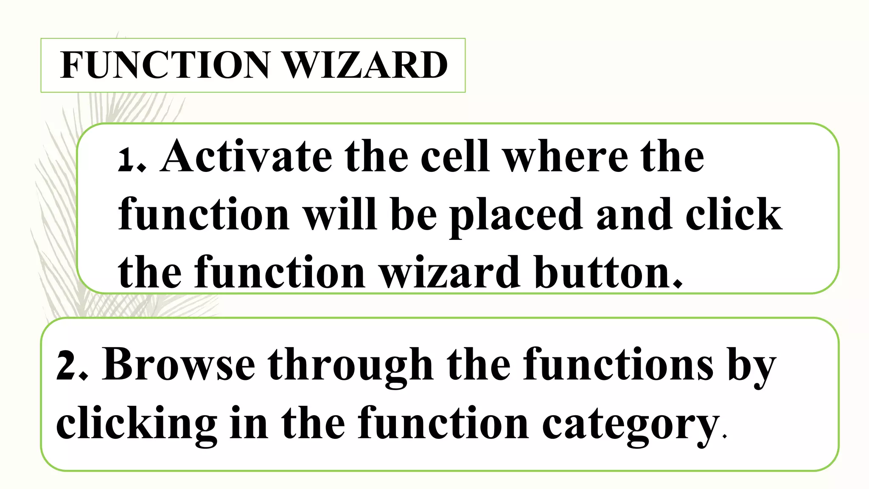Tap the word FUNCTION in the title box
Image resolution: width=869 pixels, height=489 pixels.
[x=165, y=65]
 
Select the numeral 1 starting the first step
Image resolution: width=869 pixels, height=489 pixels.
[x=126, y=159]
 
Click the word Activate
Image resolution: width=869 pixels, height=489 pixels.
[x=246, y=157]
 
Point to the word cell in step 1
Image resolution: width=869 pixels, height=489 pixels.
[x=455, y=157]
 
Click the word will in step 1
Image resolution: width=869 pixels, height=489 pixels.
[x=340, y=214]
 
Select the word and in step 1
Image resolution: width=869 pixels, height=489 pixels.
[x=634, y=214]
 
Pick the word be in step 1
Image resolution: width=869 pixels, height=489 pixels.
[x=413, y=214]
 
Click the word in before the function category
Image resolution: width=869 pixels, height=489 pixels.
[x=249, y=423]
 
